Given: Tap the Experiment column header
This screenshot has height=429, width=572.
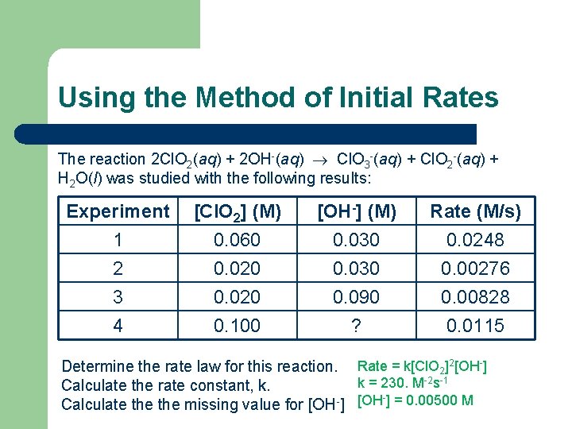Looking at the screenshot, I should (x=118, y=211).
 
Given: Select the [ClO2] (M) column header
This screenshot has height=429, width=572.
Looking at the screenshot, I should (x=237, y=211).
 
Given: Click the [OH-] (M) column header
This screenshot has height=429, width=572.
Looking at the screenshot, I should (x=356, y=211).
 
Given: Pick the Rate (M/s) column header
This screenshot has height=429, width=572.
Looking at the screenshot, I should (x=475, y=211).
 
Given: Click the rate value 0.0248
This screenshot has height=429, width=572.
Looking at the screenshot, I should (x=475, y=240).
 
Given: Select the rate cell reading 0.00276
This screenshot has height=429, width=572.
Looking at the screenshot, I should (x=475, y=269).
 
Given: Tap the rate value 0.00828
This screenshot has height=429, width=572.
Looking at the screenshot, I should (x=475, y=297).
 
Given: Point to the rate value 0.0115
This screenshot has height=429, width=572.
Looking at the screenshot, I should (x=475, y=326).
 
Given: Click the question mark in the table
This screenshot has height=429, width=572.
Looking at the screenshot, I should (x=356, y=326).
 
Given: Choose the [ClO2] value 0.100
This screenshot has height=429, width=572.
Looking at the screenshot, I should (x=237, y=326).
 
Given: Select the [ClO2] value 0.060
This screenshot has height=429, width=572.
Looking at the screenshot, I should (x=237, y=240).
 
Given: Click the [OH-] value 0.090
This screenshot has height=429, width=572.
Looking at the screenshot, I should (x=356, y=297).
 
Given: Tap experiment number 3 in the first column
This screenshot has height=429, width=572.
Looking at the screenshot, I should (x=118, y=297).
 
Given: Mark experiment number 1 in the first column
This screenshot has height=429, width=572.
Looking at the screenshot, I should (x=118, y=240).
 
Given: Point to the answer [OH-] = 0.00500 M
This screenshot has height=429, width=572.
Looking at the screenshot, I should (x=415, y=400).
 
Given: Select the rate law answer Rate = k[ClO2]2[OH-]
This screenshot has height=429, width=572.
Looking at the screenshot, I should (x=422, y=366).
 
